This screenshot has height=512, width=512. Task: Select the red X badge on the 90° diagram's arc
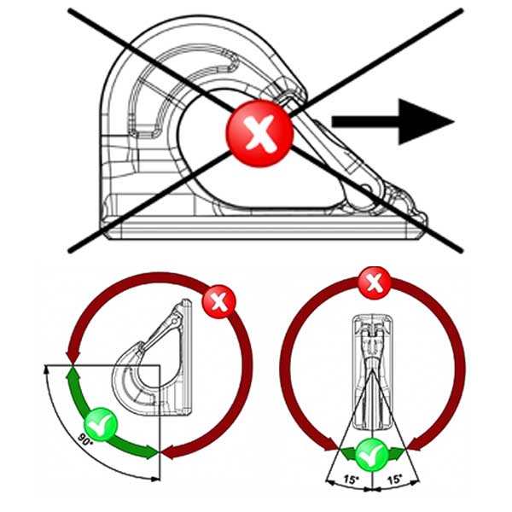pyautogui.click(x=219, y=301)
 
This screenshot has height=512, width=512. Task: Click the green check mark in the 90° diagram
pyautogui.click(x=99, y=425)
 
